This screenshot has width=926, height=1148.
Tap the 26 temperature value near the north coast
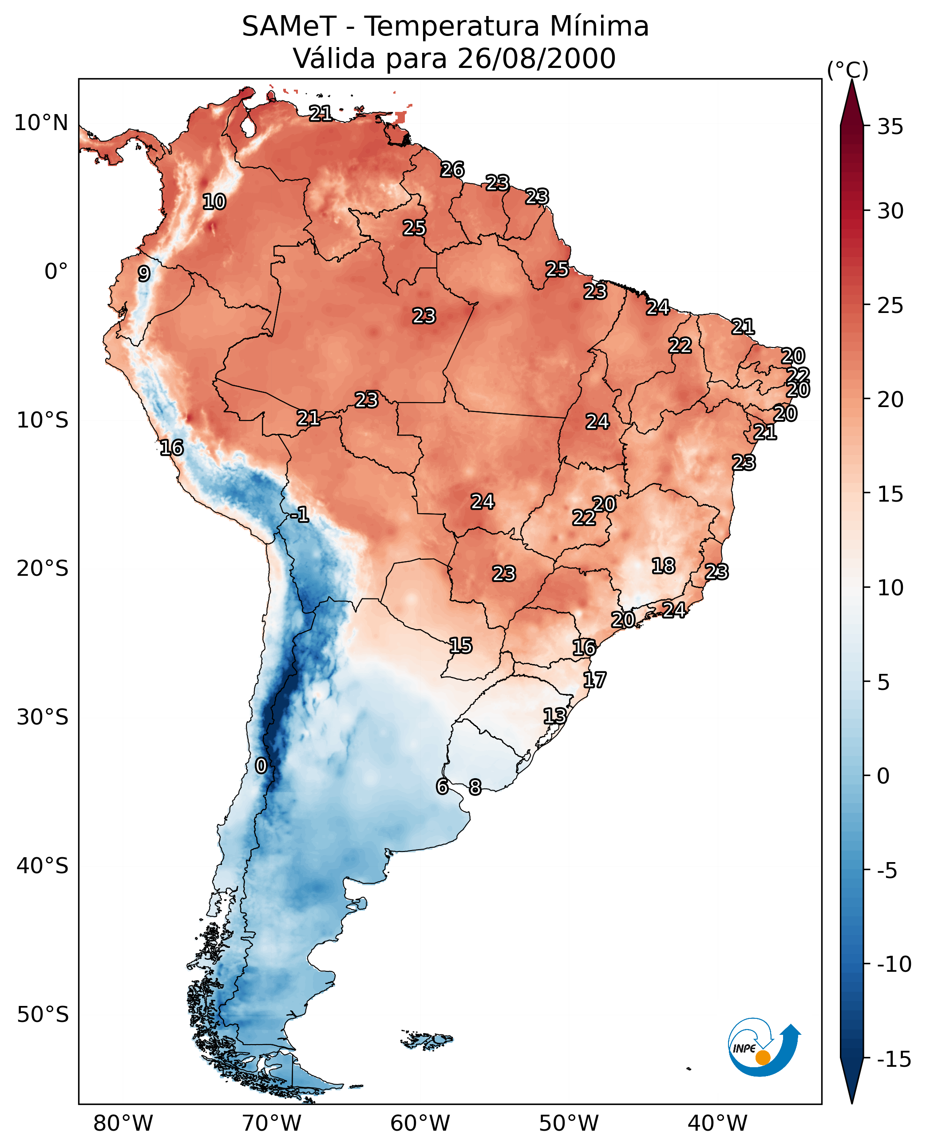[452, 170]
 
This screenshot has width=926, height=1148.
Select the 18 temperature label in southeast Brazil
[663, 566]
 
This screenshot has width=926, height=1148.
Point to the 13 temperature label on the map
[555, 716]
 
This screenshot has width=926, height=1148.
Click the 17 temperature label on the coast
[594, 680]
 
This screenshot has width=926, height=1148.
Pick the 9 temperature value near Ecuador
[144, 273]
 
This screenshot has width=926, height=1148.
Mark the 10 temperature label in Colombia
[214, 202]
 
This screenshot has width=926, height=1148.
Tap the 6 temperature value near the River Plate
[442, 786]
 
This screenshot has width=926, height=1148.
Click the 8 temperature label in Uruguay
[475, 787]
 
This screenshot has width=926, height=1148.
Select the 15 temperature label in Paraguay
[460, 646]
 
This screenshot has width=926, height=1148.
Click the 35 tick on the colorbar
[890, 127]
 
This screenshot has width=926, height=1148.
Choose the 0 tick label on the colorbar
[883, 776]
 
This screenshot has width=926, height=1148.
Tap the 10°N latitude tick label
[41, 123]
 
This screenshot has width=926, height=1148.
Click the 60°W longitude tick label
[420, 1121]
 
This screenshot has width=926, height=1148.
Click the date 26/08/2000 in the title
[537, 58]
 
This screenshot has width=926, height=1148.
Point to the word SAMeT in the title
[289, 27]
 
